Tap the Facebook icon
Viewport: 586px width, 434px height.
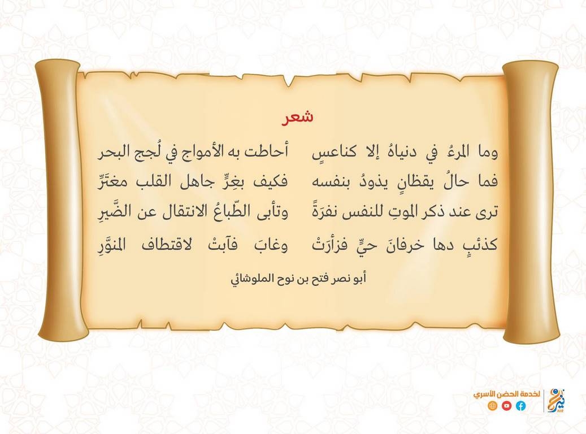pos(520,406)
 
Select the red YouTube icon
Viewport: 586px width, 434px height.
pos(506,406)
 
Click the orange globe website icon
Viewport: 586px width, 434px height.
pos(493,406)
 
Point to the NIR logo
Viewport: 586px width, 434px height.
pos(557,400)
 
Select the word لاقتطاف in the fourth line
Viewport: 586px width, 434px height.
pos(167,245)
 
